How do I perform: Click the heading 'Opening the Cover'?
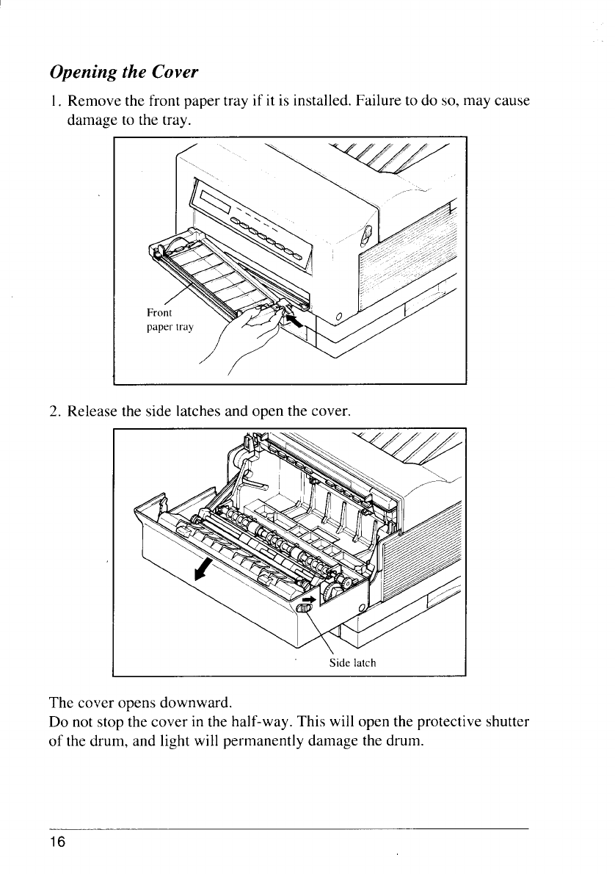click(123, 73)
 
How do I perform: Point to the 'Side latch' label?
click(352, 663)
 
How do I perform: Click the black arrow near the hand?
click(295, 321)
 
